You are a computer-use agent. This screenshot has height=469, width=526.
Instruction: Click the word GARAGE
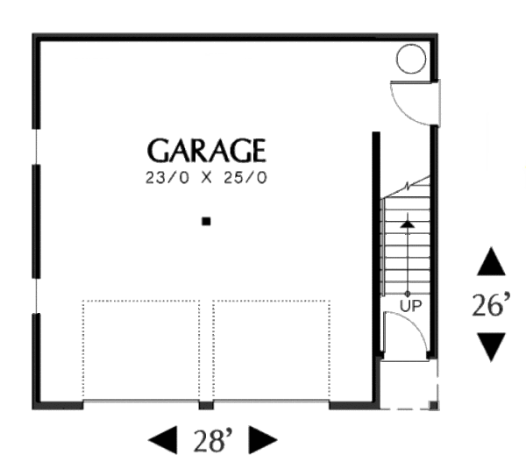(205, 151)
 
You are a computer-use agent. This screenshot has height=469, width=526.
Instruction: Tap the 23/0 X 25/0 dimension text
(205, 178)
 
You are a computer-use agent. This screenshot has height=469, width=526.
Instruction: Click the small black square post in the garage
(206, 222)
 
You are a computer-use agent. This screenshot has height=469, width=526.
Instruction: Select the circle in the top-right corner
(410, 60)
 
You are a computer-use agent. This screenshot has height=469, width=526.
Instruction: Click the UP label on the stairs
(408, 305)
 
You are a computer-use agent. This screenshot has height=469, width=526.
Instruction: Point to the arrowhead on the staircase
(408, 224)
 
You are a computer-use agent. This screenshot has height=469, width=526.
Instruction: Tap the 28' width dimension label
(212, 440)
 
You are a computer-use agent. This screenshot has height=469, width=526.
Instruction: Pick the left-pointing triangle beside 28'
(161, 440)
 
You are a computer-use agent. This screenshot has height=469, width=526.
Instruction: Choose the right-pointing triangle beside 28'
(263, 440)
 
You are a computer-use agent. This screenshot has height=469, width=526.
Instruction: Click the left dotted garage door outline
(141, 351)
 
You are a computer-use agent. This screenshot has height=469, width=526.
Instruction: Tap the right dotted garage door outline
(271, 351)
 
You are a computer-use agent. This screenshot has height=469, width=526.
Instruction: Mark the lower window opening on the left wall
(35, 296)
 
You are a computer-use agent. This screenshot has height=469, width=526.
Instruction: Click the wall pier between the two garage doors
(206, 406)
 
